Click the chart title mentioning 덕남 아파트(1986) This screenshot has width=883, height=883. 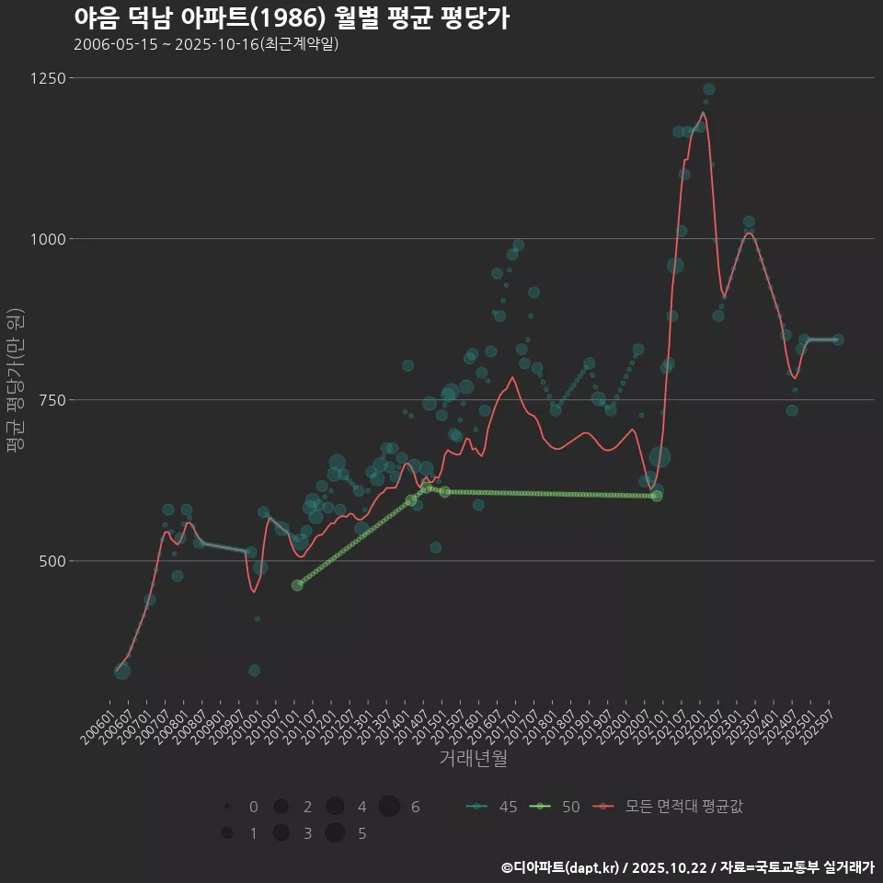[x=292, y=18]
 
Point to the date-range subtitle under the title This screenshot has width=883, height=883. [x=206, y=44]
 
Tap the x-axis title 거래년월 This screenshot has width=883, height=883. [x=474, y=759]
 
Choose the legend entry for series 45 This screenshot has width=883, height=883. [x=491, y=807]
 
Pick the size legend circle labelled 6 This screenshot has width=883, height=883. [x=389, y=807]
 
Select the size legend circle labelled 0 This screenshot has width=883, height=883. [x=226, y=807]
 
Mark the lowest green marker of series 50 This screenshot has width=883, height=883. [x=297, y=585]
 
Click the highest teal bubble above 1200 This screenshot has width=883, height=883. [x=709, y=89]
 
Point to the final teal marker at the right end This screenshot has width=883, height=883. [x=837, y=339]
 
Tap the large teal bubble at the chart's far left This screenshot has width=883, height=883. [x=122, y=671]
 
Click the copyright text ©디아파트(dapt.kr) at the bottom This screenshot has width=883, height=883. [x=562, y=867]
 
